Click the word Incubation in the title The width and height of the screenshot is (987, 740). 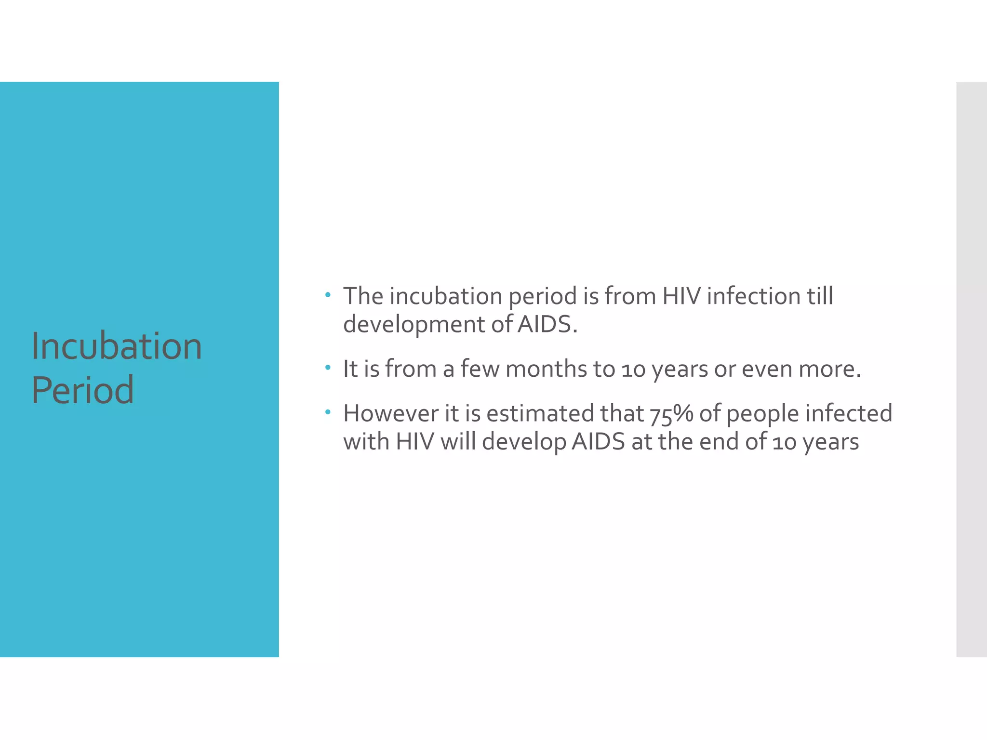(117, 346)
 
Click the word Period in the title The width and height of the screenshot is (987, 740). (82, 390)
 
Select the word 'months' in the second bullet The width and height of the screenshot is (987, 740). (546, 369)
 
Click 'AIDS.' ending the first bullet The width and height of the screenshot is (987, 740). (547, 324)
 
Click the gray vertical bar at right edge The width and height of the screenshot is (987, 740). (971, 369)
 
